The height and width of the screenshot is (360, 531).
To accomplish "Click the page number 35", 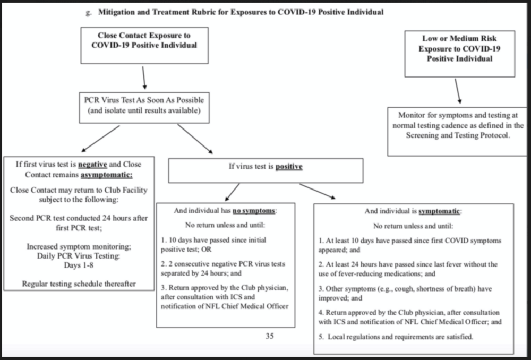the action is (270, 336).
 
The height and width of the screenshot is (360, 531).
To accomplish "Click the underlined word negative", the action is (92, 165).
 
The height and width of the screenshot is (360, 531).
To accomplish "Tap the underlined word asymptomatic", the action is (106, 175).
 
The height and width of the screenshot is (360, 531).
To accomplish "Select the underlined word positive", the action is (289, 167).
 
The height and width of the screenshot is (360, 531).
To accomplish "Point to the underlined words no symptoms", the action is (254, 211).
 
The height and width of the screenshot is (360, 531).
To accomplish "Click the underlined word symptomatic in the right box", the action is (439, 211).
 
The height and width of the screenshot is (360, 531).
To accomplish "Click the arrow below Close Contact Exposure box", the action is (144, 78).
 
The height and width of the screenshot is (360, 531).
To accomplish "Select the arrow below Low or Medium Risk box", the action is (458, 91).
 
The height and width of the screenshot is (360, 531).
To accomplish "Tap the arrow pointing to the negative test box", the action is (100, 139).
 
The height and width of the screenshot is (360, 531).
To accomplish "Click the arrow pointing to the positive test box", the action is (195, 139).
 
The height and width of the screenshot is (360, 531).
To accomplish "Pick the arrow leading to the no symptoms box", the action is (233, 192).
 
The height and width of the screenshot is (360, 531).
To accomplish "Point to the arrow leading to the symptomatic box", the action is (318, 191).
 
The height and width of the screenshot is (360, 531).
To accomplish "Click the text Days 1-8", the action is (79, 265).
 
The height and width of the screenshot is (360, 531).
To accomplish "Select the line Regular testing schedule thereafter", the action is (79, 284).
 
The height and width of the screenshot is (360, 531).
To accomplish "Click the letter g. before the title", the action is (89, 13).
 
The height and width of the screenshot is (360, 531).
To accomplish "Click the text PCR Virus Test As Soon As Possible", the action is (144, 100).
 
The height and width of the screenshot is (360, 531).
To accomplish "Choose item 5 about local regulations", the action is (396, 337).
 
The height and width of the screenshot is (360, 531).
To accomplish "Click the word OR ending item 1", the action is (206, 250).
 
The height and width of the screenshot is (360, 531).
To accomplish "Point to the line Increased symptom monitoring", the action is (79, 246).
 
